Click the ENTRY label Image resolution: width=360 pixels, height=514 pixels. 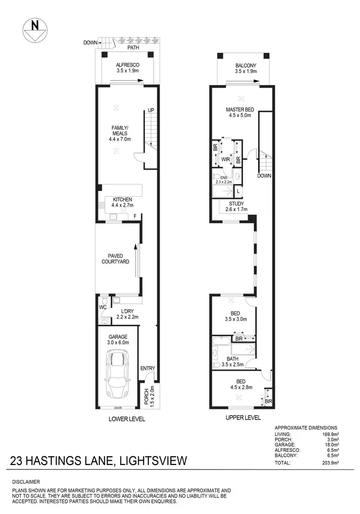pyautogui.click(x=147, y=369)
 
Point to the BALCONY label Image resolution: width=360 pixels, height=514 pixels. pyautogui.click(x=246, y=68)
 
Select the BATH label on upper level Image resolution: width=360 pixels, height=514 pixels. pyautogui.click(x=232, y=359)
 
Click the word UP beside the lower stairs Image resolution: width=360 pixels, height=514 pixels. pyautogui.click(x=151, y=110)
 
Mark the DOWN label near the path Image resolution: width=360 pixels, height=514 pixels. pyautogui.click(x=90, y=43)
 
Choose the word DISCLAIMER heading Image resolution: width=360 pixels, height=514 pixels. pyautogui.click(x=27, y=481)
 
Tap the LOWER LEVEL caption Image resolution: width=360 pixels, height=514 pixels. pyautogui.click(x=127, y=419)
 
